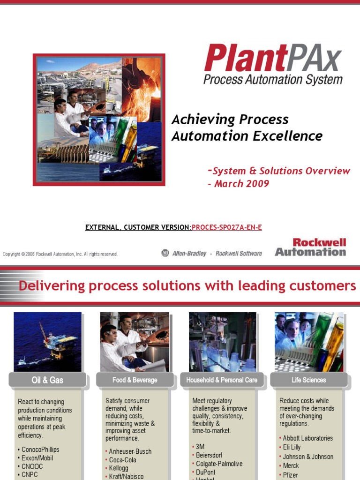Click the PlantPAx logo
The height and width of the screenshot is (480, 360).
coord(273,64)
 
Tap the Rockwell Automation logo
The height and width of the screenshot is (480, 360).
coord(310,247)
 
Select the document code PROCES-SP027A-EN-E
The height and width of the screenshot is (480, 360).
coord(227,227)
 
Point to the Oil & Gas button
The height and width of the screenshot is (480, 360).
coord(47,380)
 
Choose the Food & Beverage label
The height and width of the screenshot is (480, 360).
coord(135,380)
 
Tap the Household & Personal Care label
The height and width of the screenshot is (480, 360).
coord(222,380)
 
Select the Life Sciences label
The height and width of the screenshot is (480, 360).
coord(308,380)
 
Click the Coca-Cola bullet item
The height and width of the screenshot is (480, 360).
coord(122,460)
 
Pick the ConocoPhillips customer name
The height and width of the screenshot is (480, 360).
coord(40,450)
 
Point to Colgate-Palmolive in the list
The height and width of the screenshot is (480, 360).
coord(219,464)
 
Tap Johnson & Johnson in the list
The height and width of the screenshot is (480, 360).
coord(308,457)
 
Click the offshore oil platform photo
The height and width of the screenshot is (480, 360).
coord(47,342)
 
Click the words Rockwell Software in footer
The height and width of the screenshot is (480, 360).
coord(239,253)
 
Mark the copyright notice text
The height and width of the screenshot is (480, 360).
coord(60,254)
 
